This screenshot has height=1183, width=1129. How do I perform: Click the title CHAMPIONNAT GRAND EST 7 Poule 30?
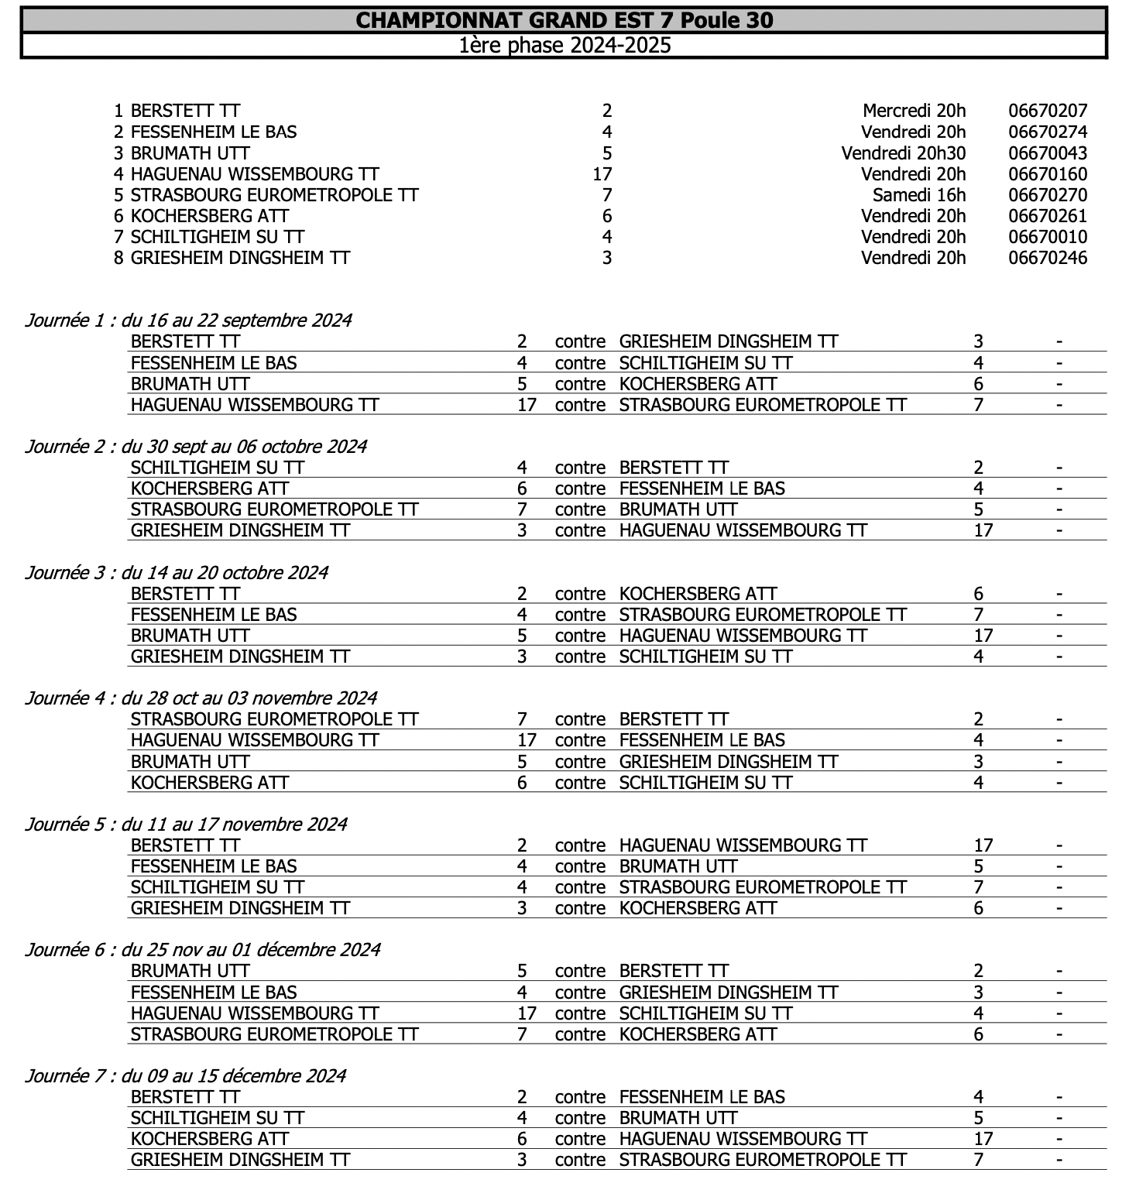(564, 19)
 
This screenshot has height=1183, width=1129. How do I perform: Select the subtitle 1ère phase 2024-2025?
(564, 45)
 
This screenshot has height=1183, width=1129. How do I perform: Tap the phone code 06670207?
(1047, 111)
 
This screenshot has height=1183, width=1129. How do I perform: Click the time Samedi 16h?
(919, 195)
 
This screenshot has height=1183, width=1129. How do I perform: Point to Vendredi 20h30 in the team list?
(903, 153)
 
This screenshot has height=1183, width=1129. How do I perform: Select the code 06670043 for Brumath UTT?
(1047, 153)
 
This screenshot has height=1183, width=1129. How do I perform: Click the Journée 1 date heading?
(188, 320)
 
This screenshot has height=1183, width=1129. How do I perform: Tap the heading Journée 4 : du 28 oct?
(201, 698)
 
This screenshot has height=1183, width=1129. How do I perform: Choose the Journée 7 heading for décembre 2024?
(185, 1075)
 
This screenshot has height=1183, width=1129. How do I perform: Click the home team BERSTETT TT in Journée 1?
(185, 341)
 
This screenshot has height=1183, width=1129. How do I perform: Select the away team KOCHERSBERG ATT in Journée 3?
(698, 594)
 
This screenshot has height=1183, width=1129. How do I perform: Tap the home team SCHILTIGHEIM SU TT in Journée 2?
(218, 468)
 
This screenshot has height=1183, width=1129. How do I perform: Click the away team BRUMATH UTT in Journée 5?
(678, 866)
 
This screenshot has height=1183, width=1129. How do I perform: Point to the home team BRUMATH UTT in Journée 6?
(190, 971)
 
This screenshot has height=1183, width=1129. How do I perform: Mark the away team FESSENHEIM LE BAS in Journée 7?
(702, 1097)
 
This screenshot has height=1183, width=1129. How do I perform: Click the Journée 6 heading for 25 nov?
(202, 949)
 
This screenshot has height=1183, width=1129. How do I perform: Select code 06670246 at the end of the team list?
(1047, 258)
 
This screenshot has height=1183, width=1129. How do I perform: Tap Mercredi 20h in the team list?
(914, 111)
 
